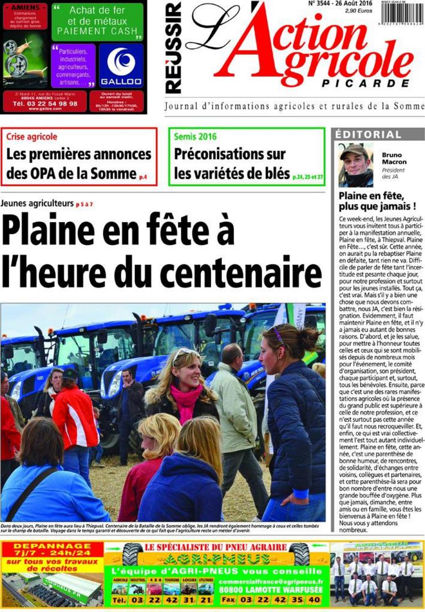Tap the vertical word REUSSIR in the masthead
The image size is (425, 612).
174,48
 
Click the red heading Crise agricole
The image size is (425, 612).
32,137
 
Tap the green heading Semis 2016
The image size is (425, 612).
195,137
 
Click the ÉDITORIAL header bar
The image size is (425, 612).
368,135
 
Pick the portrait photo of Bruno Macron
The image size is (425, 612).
356,165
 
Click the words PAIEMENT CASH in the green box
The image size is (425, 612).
97,31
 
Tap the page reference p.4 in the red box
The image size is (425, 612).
143,178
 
